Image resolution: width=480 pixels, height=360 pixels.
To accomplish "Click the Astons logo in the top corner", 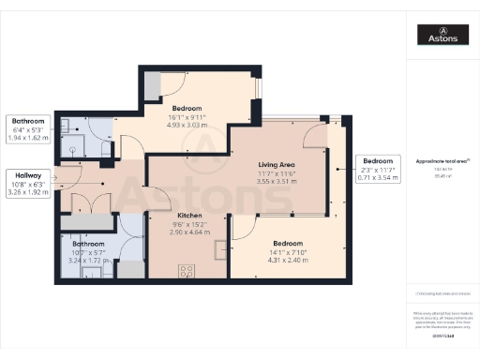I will [x=443, y=35].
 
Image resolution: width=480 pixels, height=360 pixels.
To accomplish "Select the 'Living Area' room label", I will [x=277, y=164].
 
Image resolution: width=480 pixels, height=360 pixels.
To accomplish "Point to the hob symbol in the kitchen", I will [x=187, y=269].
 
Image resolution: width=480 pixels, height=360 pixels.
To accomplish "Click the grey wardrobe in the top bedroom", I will [x=152, y=86].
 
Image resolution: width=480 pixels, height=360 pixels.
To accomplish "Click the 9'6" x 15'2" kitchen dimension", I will [x=190, y=223].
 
